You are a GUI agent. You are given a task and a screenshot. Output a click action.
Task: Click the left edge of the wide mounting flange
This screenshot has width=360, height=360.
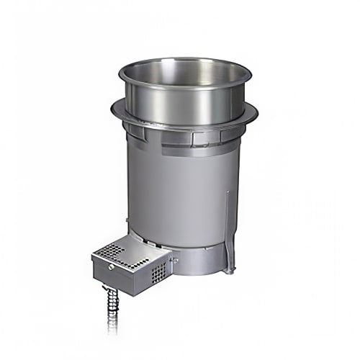(x=114, y=109)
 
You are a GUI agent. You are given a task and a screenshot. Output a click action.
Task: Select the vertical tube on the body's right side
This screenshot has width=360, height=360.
(x=228, y=230)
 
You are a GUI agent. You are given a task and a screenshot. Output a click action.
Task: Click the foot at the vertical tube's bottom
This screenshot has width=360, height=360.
(x=229, y=270)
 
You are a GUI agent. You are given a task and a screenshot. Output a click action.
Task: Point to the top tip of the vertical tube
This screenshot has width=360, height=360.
(x=227, y=192)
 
